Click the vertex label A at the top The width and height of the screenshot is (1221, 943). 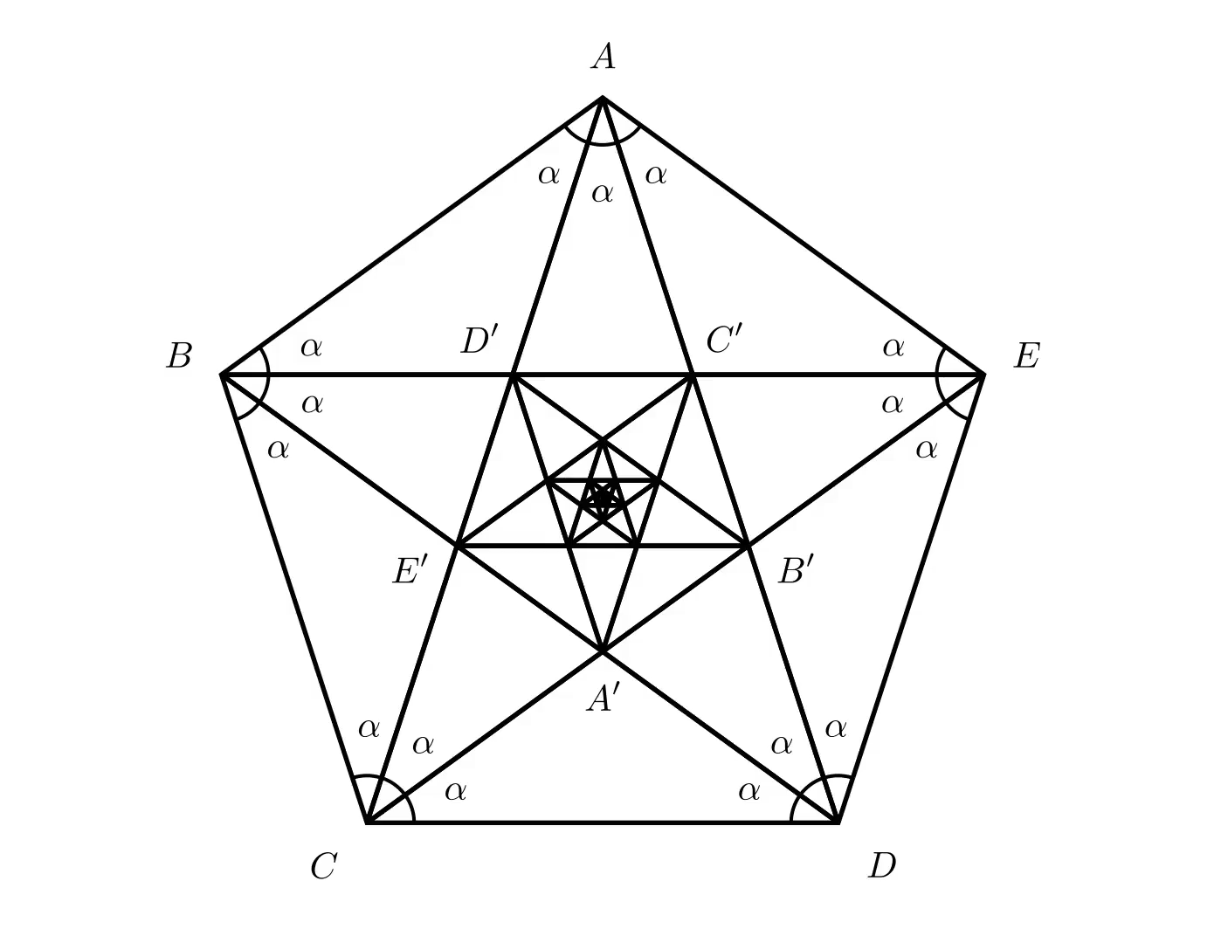pyautogui.click(x=603, y=58)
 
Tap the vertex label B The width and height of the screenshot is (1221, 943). pyautogui.click(x=179, y=356)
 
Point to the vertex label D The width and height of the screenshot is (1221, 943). pyautogui.click(x=882, y=866)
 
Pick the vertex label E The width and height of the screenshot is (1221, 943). pyautogui.click(x=1026, y=356)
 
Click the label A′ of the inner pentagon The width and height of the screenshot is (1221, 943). pyautogui.click(x=602, y=699)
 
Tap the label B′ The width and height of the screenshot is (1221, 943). pyautogui.click(x=796, y=572)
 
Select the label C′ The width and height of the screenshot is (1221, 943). pyautogui.click(x=724, y=340)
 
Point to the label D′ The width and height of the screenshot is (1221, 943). pyautogui.click(x=479, y=340)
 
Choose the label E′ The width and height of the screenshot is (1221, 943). pyautogui.click(x=410, y=572)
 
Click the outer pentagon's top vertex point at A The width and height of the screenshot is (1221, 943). pyautogui.click(x=603, y=98)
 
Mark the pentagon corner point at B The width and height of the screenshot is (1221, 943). pyautogui.click(x=222, y=375)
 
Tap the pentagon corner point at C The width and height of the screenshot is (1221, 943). pyautogui.click(x=368, y=823)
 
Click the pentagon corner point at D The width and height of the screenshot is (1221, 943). pyautogui.click(x=838, y=823)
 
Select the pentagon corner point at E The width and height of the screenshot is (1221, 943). pyautogui.click(x=983, y=375)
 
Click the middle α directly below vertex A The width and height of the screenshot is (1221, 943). pyautogui.click(x=603, y=193)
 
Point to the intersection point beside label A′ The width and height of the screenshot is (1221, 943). pyautogui.click(x=603, y=651)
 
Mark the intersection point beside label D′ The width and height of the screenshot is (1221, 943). pyautogui.click(x=513, y=375)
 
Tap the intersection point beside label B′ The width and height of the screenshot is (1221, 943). pyautogui.click(x=748, y=546)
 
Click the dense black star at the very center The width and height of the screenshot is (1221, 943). pyautogui.click(x=603, y=499)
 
